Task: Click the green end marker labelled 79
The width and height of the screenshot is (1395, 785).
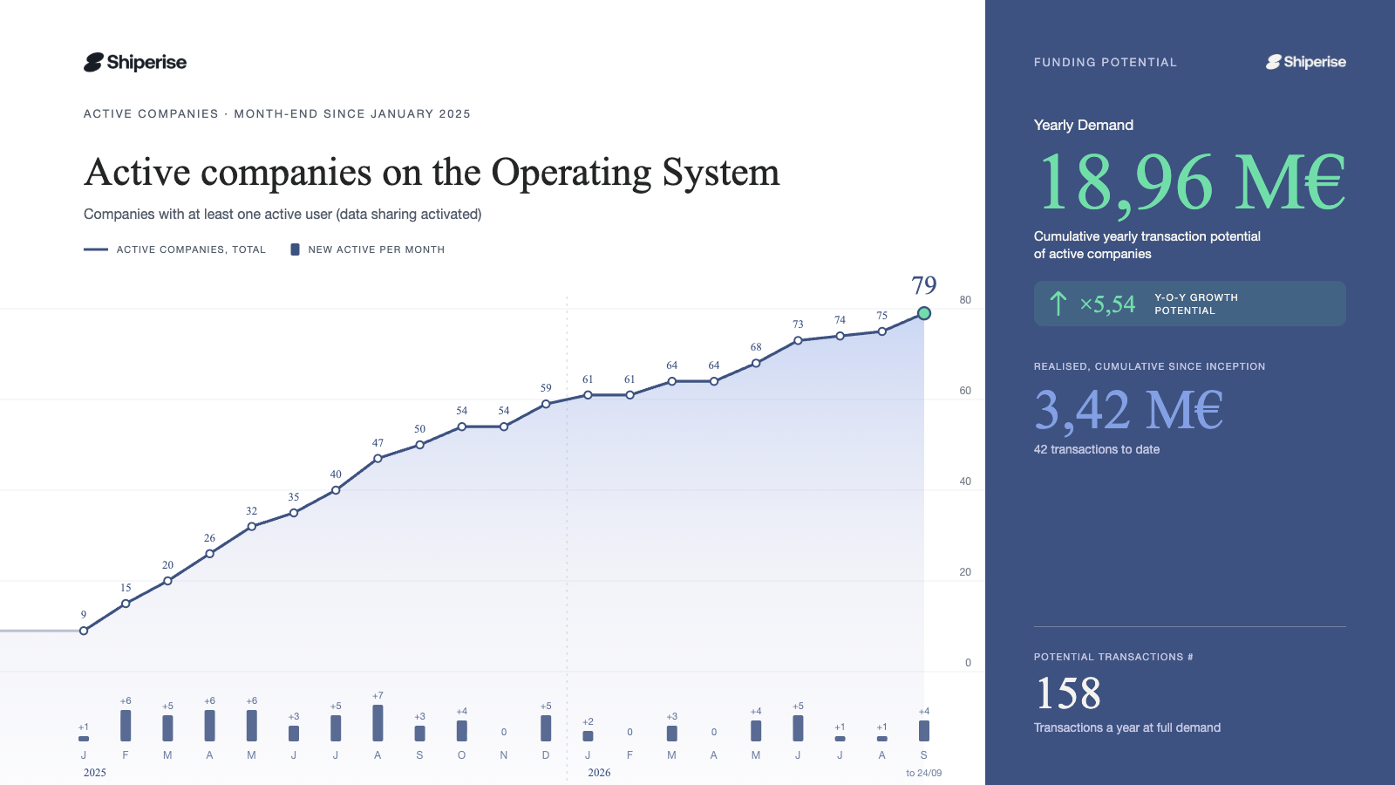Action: pos(923,313)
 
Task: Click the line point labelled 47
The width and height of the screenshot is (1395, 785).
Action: pos(378,459)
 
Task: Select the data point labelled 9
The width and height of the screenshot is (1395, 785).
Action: pos(84,631)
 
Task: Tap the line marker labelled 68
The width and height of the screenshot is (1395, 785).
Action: pos(755,363)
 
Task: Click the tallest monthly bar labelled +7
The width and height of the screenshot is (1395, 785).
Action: pos(378,723)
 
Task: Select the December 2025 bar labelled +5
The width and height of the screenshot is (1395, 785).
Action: pos(546,728)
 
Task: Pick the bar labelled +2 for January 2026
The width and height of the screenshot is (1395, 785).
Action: pos(588,736)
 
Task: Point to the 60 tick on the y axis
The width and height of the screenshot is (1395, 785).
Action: pos(964,391)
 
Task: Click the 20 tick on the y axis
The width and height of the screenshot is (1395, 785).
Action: pos(964,572)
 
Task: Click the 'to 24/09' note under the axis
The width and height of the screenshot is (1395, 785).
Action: pos(923,773)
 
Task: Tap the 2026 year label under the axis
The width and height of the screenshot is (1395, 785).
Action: pos(599,773)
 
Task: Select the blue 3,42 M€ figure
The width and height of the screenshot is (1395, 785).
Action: pos(1128,410)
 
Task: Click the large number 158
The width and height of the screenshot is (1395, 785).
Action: pos(1068,693)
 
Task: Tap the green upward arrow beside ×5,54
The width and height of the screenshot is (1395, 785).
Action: pos(1058,304)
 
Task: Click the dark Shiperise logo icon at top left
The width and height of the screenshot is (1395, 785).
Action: pos(93,62)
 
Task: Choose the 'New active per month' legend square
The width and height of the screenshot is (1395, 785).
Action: pos(296,249)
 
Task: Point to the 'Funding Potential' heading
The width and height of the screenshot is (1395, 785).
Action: pos(1106,62)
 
